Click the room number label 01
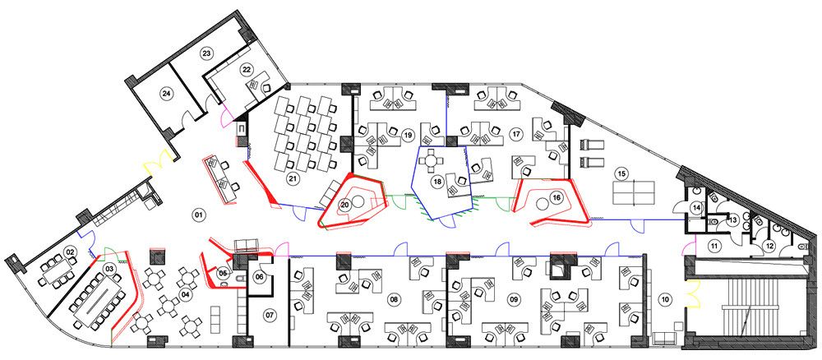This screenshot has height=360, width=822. tap(198, 214)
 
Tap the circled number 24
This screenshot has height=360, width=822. tap(167, 94)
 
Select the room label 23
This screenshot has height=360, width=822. tap(206, 53)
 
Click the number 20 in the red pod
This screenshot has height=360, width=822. tap(344, 205)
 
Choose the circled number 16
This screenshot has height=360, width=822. tap(556, 197)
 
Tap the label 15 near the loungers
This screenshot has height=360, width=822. tap(621, 173)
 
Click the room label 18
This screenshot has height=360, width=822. tap(438, 182)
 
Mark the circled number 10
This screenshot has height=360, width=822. tap(665, 299)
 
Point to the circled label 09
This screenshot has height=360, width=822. tap(514, 299)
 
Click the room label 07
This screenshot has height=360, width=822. tap(270, 315)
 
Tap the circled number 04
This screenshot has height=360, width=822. tap(184, 294)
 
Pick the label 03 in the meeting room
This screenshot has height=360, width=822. tap(109, 270)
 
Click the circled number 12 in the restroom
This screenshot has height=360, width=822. tap(769, 245)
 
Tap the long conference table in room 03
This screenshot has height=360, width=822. tap(99, 300)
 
